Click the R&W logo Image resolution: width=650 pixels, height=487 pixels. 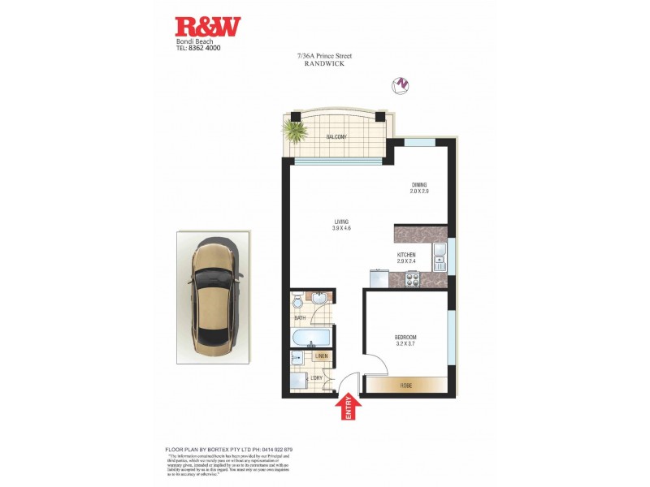[x=207, y=27]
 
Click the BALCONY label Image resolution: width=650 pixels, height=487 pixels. [x=336, y=137]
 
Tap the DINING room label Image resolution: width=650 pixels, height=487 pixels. [x=418, y=186]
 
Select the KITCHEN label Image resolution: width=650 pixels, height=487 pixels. [x=406, y=254]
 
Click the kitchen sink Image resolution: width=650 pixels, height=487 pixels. [x=439, y=257]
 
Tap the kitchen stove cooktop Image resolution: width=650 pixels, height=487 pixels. [x=411, y=281]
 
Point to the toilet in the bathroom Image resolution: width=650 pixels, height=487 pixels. [x=298, y=303]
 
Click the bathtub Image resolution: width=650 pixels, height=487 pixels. [x=310, y=338]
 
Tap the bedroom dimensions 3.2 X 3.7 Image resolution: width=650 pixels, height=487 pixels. [x=405, y=344]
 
